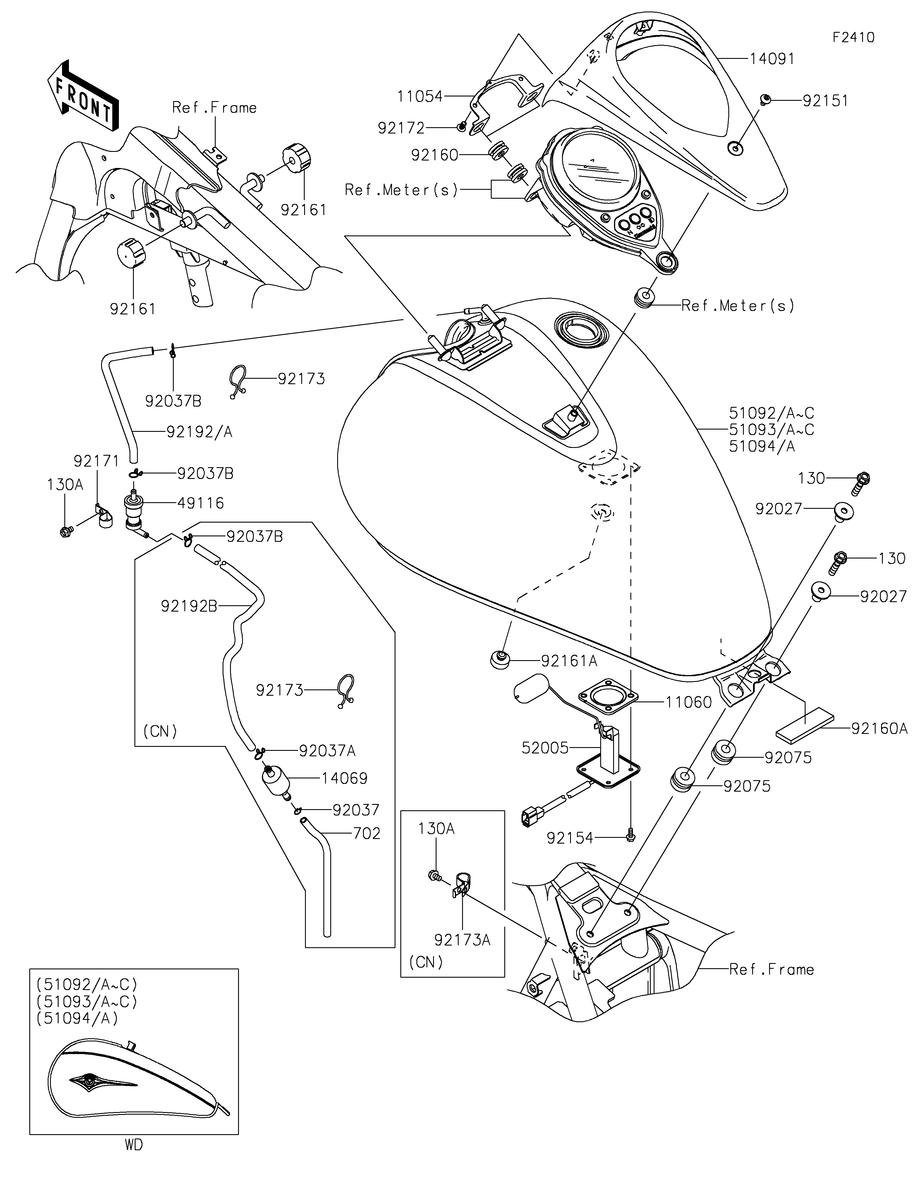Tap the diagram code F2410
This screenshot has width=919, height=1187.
pos(853,38)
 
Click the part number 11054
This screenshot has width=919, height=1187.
pos(420,97)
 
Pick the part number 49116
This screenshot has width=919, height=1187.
pos(200,503)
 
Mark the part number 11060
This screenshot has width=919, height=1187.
pos(689,703)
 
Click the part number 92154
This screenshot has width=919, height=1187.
pos(569,838)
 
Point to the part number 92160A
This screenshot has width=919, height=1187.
pos(879,729)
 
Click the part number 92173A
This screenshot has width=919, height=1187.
pos(462,940)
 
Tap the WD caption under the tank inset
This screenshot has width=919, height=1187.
pos(134,1145)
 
